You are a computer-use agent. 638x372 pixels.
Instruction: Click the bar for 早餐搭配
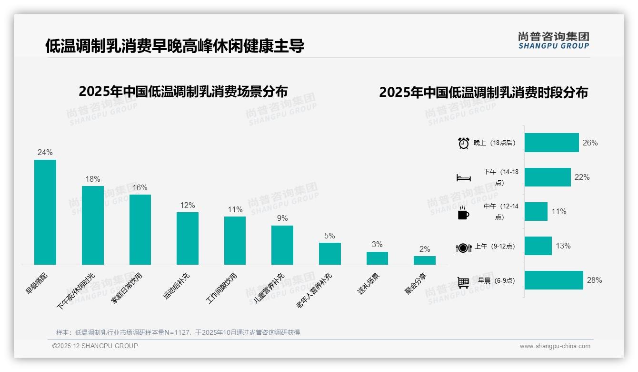[x=45, y=212]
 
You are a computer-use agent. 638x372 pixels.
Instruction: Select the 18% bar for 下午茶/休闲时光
[x=93, y=225]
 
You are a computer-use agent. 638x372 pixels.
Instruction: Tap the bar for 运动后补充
[x=188, y=238]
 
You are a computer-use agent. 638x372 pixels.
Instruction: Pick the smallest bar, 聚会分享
[x=425, y=260]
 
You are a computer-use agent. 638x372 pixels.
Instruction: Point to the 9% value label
[x=282, y=218]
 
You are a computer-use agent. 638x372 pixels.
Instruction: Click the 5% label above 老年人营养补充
[x=329, y=236]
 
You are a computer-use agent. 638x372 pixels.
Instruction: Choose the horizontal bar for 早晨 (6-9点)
[x=554, y=280]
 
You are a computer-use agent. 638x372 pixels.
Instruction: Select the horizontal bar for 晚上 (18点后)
[x=552, y=143]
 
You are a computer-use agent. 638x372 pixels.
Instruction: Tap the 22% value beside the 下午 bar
[x=582, y=177]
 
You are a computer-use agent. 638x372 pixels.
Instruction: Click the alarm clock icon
[x=464, y=143]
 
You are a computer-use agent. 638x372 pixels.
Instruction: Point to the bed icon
[x=464, y=178]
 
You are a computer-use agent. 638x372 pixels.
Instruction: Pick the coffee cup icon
[x=463, y=213]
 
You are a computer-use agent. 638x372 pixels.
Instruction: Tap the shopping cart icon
[x=464, y=282]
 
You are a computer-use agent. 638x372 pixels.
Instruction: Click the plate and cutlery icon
[x=464, y=248]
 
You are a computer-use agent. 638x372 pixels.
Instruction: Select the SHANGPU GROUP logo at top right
[x=554, y=41]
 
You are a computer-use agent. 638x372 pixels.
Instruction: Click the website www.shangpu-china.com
[x=555, y=346]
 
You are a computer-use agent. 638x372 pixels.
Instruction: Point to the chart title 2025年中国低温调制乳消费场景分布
[x=183, y=91]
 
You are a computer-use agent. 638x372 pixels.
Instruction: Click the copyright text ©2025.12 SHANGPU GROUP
[x=95, y=346]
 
